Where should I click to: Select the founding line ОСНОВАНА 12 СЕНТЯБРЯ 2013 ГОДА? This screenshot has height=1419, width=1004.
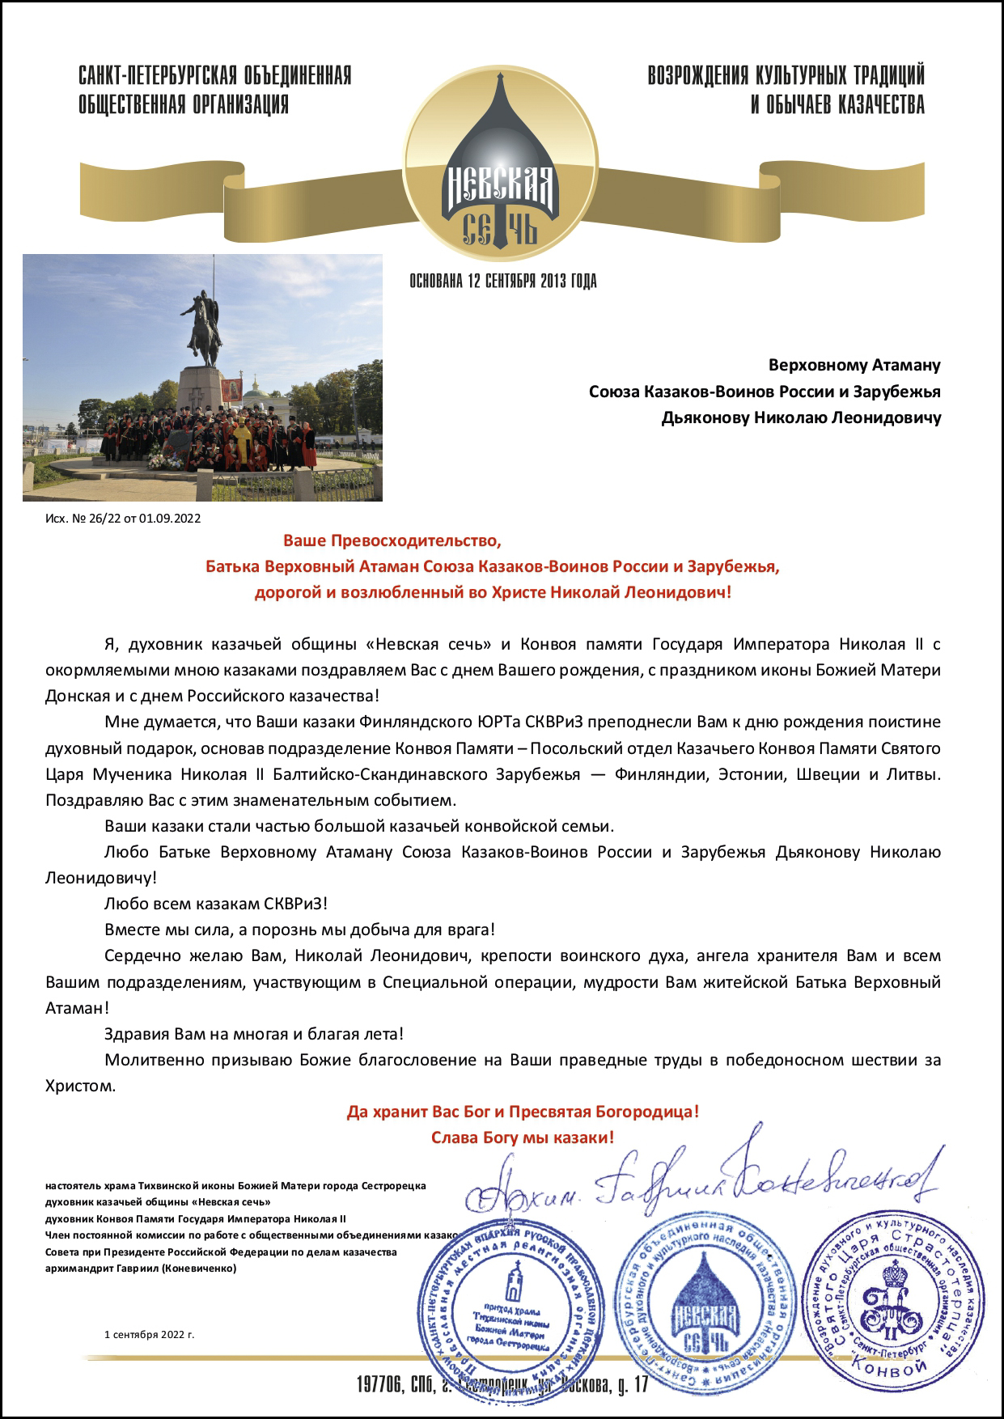pyautogui.click(x=503, y=282)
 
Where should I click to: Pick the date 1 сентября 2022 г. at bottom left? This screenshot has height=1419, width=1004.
pyautogui.click(x=150, y=1334)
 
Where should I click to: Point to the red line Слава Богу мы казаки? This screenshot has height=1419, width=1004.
pyautogui.click(x=523, y=1137)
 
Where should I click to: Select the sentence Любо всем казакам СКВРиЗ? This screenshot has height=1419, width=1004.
pyautogui.click(x=216, y=904)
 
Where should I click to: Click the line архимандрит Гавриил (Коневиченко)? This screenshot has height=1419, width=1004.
pyautogui.click(x=142, y=1268)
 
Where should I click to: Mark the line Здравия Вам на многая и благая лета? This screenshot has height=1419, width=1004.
pyautogui.click(x=254, y=1033)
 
